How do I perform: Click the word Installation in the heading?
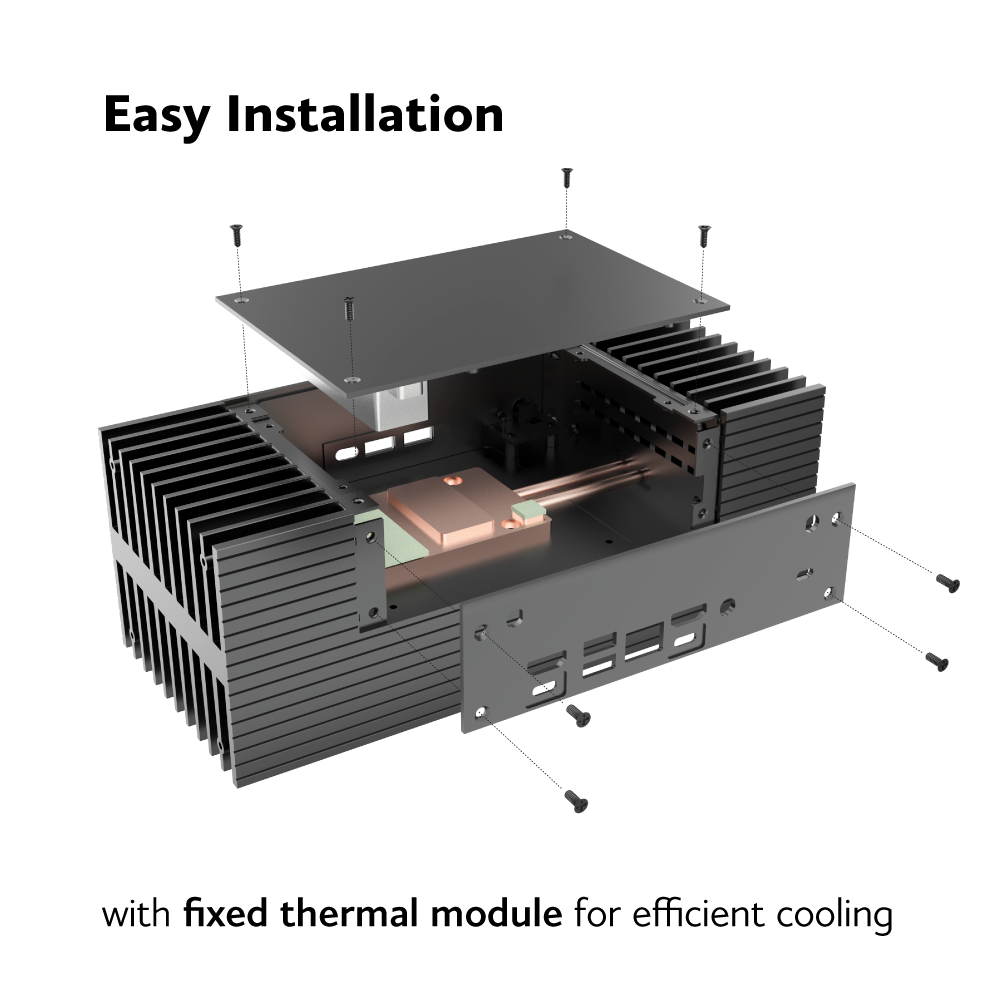[365, 114]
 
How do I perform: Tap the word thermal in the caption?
[351, 912]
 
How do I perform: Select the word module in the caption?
[496, 912]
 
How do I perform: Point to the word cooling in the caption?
[834, 916]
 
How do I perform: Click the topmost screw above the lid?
[566, 178]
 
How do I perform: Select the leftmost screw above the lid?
[237, 235]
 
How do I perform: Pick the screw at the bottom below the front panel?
[576, 801]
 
